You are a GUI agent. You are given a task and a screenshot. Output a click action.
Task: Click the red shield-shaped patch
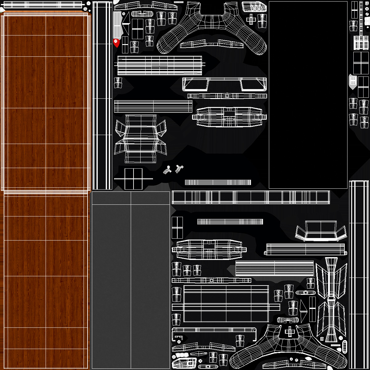click(116, 43)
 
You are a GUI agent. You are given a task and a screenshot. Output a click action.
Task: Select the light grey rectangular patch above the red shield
click(117, 25)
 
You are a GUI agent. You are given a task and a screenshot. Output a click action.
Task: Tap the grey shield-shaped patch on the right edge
click(353, 82)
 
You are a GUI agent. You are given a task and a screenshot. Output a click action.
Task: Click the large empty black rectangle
click(308, 95)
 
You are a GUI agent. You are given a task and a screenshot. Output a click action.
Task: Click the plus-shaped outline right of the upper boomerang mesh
click(251, 19)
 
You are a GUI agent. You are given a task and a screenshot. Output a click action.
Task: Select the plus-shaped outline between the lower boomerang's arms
click(290, 332)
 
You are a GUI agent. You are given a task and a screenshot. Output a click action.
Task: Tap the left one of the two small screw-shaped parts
click(167, 170)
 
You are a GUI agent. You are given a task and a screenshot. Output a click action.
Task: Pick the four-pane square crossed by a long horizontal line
click(133, 179)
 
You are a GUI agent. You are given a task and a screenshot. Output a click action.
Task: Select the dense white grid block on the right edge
click(361, 43)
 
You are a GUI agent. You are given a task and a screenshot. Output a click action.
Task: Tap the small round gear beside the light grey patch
click(124, 14)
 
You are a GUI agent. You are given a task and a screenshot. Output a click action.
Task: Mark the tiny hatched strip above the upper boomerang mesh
click(179, 2)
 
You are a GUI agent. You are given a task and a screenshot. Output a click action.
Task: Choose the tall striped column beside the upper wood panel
click(102, 96)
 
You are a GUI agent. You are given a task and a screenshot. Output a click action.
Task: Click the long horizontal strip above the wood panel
click(43, 5)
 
